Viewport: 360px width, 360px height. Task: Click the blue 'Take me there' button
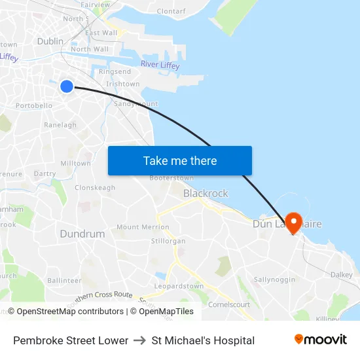[x=179, y=161]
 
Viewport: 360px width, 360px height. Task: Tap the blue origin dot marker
[x=67, y=86]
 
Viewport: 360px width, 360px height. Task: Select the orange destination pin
[x=293, y=223]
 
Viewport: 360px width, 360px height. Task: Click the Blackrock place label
[x=206, y=193]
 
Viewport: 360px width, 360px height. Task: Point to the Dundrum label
[x=82, y=234]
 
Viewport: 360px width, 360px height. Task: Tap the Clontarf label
[x=171, y=11]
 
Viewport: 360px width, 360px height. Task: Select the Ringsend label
[x=115, y=72]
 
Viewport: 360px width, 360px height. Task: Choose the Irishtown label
[x=122, y=84]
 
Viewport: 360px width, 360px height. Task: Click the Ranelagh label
[x=60, y=125]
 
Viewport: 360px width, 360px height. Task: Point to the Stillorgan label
[x=168, y=241]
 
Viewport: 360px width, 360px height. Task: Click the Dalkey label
[x=341, y=275]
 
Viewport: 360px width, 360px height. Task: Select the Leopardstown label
[x=179, y=287]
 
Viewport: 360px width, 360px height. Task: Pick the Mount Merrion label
[x=143, y=227]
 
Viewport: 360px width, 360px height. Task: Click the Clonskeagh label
[x=95, y=188]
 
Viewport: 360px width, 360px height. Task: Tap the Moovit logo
[x=320, y=340]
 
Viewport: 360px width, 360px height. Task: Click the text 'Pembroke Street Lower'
[x=71, y=340]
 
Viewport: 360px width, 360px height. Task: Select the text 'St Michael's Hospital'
[x=203, y=340]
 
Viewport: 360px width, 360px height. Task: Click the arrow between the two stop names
[x=139, y=340]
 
